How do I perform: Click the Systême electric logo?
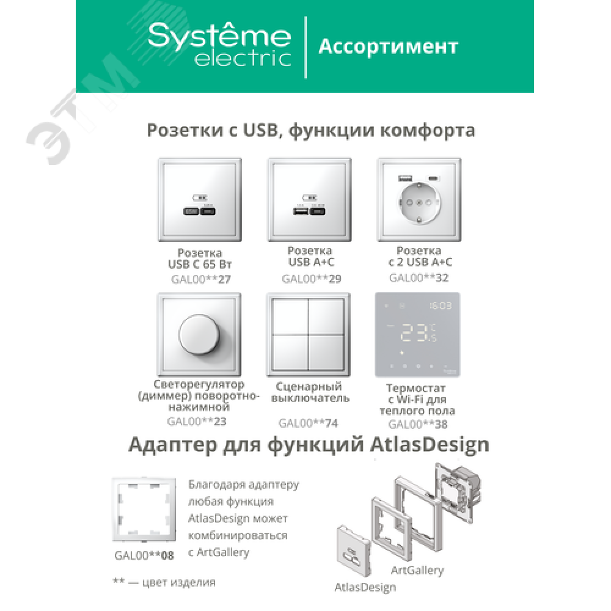click(x=219, y=45)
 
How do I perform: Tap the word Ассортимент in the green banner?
click(x=388, y=47)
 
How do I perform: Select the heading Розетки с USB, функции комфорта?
click(x=310, y=130)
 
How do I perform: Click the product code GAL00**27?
click(x=201, y=279)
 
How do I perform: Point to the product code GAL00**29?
click(x=312, y=279)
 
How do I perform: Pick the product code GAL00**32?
click(x=419, y=278)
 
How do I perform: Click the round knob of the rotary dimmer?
click(x=199, y=334)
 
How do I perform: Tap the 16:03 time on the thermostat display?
click(x=441, y=306)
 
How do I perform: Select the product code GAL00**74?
click(x=308, y=423)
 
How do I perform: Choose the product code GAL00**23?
click(x=197, y=421)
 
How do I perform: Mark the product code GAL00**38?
click(x=418, y=425)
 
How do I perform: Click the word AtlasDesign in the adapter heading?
click(x=430, y=445)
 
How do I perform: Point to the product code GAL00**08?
click(x=144, y=555)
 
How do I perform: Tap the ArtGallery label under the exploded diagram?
click(x=417, y=571)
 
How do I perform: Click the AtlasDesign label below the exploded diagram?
click(x=365, y=587)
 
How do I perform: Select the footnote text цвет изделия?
click(x=179, y=582)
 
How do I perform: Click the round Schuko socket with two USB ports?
click(x=419, y=203)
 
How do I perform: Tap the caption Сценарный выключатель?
click(x=310, y=392)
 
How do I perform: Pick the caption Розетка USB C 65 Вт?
click(x=200, y=258)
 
